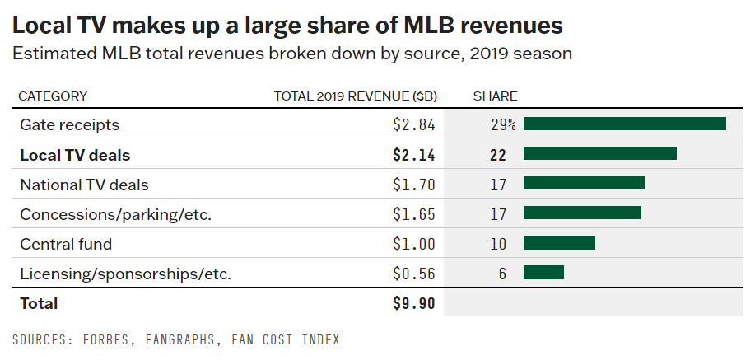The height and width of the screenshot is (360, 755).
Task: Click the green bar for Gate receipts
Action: [x=624, y=124]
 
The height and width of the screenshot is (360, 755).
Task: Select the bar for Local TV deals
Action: [x=599, y=154]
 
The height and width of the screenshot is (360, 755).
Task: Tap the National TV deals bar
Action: [x=584, y=184]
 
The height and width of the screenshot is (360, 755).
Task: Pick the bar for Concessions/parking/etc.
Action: [x=582, y=213]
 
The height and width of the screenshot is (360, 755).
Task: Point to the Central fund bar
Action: [x=559, y=243]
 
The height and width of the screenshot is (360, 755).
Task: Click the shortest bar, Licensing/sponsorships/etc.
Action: [x=543, y=273]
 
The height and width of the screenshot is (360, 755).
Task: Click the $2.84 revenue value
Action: [x=413, y=125]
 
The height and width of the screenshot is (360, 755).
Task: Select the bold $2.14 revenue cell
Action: [x=413, y=155]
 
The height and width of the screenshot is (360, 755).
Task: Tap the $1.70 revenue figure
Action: [x=413, y=185]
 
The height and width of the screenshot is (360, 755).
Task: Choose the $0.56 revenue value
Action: [x=413, y=274]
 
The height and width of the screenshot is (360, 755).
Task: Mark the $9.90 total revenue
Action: [x=413, y=303]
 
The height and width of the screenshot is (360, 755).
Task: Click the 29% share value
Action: [x=501, y=125]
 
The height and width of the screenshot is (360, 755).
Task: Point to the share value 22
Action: [x=497, y=155]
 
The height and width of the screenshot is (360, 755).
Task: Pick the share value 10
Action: [x=497, y=244]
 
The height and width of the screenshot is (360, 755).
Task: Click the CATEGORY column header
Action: [x=53, y=96]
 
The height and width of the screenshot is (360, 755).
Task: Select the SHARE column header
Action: [x=495, y=96]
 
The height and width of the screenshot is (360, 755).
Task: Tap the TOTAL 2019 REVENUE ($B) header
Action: [x=355, y=96]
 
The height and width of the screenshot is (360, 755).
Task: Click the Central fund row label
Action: [x=66, y=244]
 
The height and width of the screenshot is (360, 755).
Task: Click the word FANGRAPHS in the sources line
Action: [x=188, y=339]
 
